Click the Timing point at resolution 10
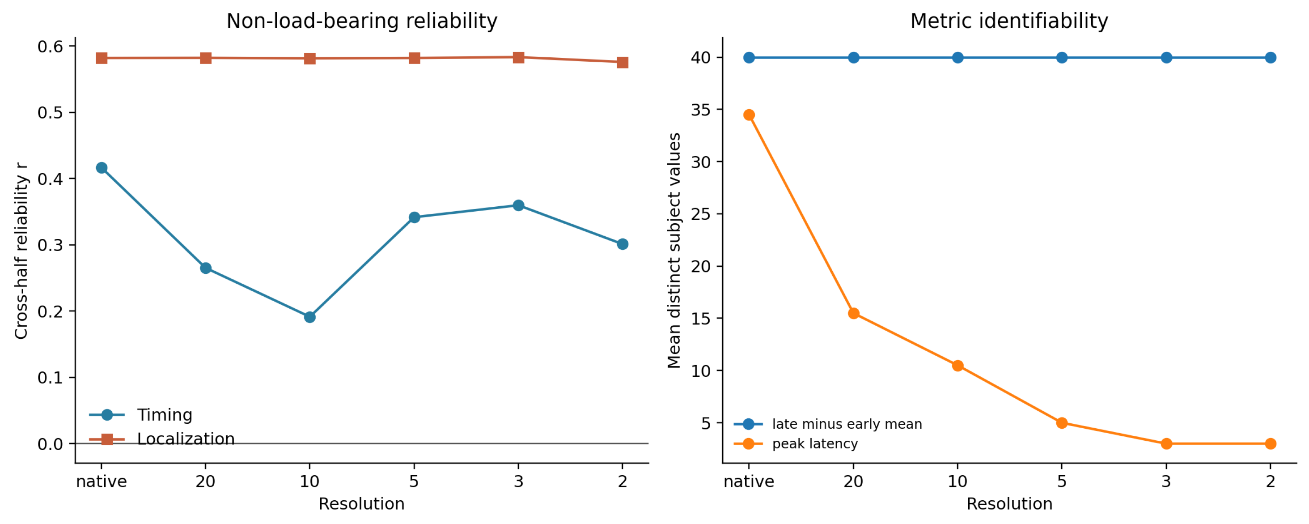[309, 317]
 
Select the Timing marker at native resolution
[102, 168]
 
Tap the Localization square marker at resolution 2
[623, 63]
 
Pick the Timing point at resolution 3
[518, 205]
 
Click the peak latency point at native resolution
[749, 115]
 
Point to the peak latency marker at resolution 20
[854, 313]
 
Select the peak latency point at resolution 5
[1062, 423]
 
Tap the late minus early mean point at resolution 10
[957, 57]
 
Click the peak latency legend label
[815, 444]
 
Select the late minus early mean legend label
[847, 424]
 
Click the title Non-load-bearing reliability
[362, 21]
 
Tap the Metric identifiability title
[1009, 21]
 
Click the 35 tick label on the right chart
[701, 110]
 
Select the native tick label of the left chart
[102, 481]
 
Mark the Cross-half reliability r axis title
[21, 251]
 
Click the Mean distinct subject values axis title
[674, 251]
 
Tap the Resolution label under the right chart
[1009, 504]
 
